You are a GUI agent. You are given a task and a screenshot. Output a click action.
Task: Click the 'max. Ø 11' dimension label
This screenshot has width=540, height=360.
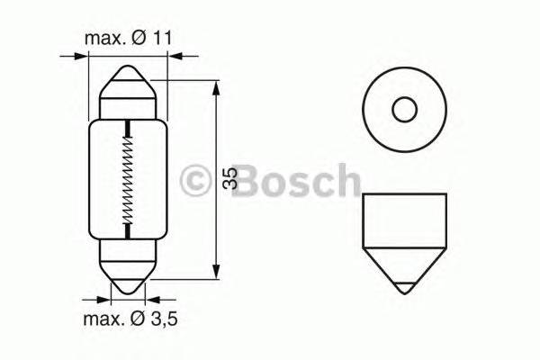coord(129,40)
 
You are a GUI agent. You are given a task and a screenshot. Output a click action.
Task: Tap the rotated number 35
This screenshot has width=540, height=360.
coord(230,179)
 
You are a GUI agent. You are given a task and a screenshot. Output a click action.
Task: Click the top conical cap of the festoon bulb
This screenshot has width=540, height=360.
coord(129,90)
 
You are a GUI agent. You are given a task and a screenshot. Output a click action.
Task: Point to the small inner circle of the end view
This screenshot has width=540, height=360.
coord(404,111)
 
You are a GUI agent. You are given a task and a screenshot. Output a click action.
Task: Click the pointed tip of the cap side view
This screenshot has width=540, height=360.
coord(404,292)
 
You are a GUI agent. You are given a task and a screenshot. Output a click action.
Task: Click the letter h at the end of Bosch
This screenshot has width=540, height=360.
coord(345,181)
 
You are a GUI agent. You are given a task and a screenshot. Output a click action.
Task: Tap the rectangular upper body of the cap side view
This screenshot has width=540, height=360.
coord(404,220)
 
